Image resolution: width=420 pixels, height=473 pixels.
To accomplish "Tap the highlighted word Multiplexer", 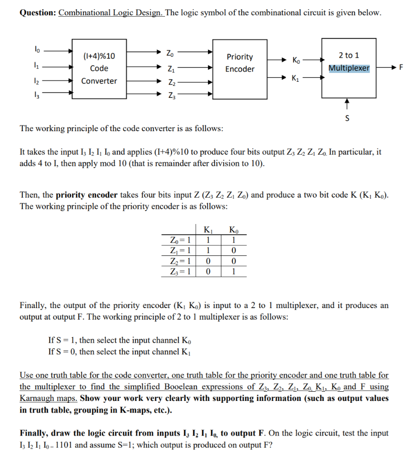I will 349,68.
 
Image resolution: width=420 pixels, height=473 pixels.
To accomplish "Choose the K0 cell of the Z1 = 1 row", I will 234,251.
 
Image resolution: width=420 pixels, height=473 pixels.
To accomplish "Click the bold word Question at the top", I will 37,12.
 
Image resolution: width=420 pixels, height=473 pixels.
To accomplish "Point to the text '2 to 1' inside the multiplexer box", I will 349,55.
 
